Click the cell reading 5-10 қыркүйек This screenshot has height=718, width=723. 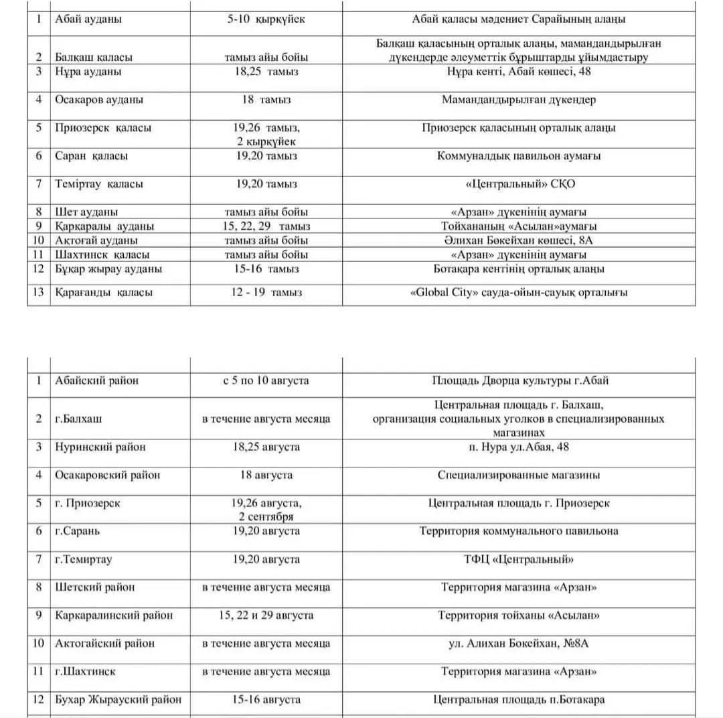point(266,19)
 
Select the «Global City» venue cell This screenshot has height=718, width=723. point(518,293)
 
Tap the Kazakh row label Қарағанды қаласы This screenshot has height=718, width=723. point(104,293)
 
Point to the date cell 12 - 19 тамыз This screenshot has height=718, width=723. point(266,293)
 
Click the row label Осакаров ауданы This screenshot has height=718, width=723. point(99,100)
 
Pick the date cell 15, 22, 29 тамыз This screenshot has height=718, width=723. point(266,226)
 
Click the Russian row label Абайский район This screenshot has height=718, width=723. point(97,380)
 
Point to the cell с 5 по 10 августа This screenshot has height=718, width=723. point(266,380)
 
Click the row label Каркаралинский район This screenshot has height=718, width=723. point(114,615)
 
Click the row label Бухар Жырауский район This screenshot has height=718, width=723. point(118,700)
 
